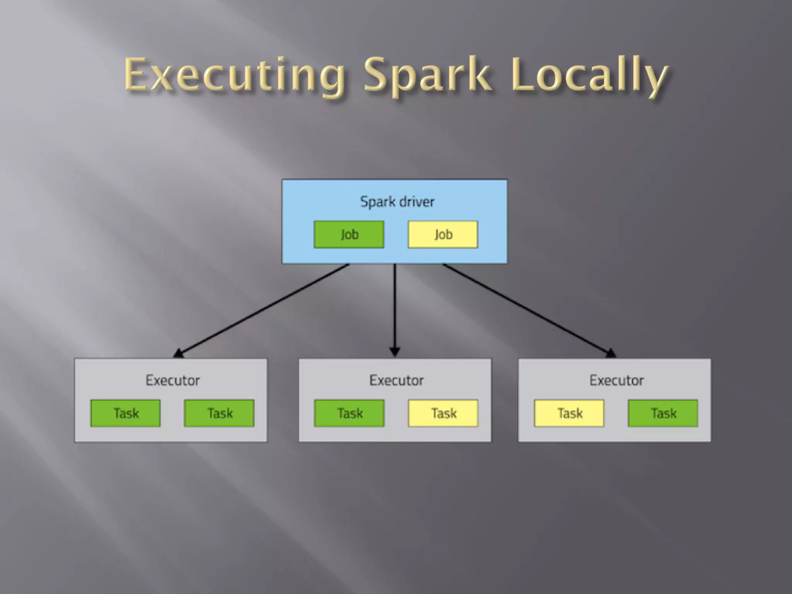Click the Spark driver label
397,201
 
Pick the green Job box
349,234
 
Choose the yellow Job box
443,234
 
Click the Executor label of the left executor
172,380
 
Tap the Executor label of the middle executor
396,380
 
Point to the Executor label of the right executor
616,380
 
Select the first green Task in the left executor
126,413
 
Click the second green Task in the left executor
220,413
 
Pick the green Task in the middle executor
350,413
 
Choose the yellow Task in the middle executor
443,413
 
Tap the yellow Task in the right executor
569,413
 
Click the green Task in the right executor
663,413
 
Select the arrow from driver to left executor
263,309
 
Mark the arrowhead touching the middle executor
395,352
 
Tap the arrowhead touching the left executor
179,353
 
